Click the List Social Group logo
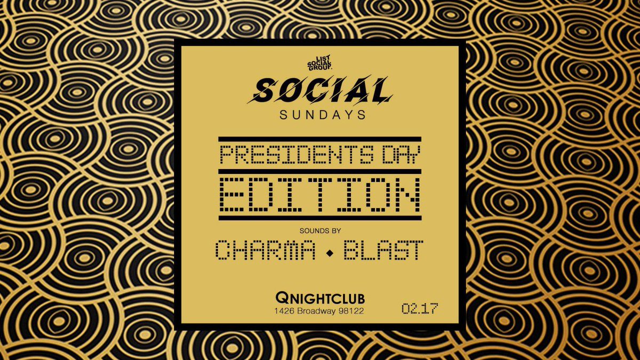[319, 65]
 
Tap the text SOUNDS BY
[319, 230]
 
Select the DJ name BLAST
[383, 250]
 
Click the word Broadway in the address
[316, 310]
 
